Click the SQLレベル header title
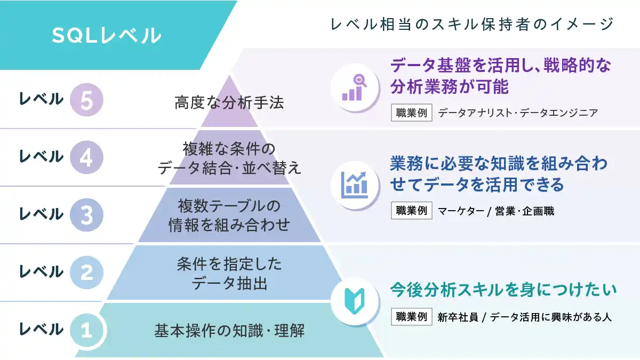tap(106, 35)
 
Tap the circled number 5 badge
tap(86, 100)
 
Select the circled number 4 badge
tap(86, 157)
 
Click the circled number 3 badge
tap(86, 215)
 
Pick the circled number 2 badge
tap(86, 273)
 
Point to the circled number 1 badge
tap(86, 330)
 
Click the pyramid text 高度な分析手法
tap(229, 102)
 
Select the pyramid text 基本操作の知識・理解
tap(229, 331)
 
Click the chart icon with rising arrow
tap(355, 184)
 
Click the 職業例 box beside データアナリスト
tap(412, 113)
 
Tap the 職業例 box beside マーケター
tap(412, 211)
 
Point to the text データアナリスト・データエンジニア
tap(517, 113)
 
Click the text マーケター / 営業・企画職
tap(496, 211)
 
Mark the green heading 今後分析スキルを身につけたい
tap(503, 290)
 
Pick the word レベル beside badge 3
tap(41, 214)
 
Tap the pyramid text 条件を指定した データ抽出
tap(229, 274)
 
